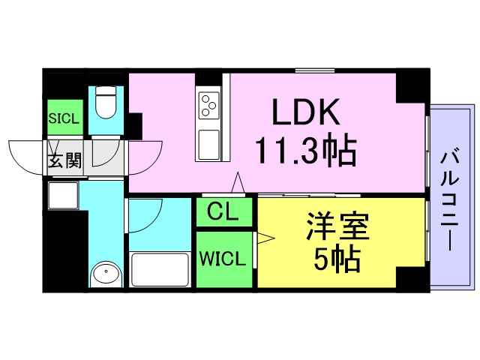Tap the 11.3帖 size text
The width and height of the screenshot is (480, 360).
point(305,151)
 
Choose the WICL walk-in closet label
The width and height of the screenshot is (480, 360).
point(222,260)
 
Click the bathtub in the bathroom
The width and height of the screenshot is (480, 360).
point(160,269)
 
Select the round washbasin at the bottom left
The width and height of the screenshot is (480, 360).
point(105,274)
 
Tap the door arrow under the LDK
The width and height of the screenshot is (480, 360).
point(238,182)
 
